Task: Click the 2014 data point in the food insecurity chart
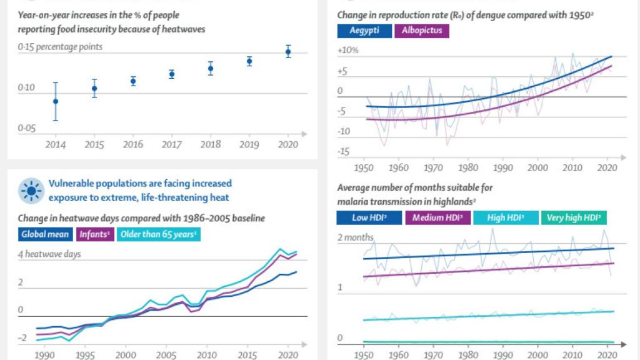click(x=56, y=101)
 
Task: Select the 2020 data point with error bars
click(x=288, y=52)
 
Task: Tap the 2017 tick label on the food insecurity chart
click(x=171, y=144)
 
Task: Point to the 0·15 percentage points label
click(x=60, y=47)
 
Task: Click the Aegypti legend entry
click(x=364, y=31)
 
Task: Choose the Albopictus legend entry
click(x=422, y=31)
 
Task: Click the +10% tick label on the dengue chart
click(x=347, y=50)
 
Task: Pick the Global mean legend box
click(x=46, y=235)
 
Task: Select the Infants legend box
click(x=95, y=235)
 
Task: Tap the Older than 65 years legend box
click(x=159, y=235)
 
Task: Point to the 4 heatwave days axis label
click(x=50, y=254)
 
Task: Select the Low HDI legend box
click(x=369, y=217)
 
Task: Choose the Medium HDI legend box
click(x=437, y=217)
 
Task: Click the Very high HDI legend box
click(x=573, y=217)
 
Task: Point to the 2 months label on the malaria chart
click(x=356, y=237)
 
